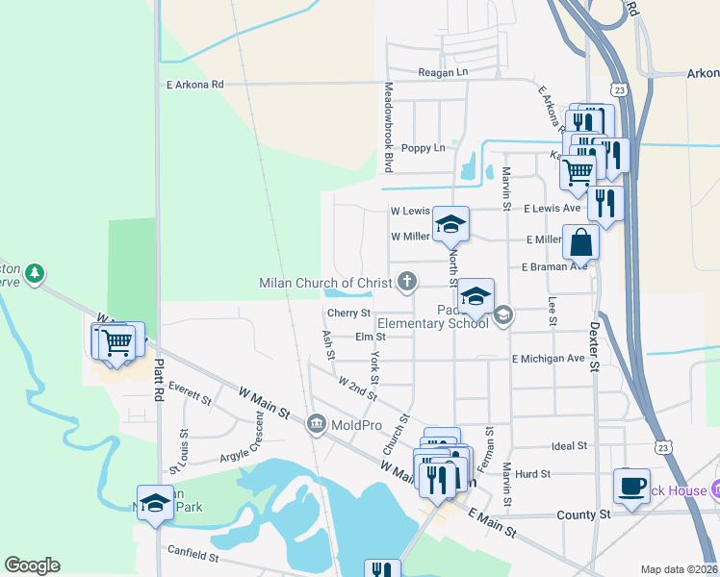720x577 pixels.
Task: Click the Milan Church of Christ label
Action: (x=325, y=283)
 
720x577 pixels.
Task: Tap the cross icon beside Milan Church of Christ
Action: (x=408, y=282)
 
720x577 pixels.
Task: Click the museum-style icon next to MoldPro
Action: (x=316, y=424)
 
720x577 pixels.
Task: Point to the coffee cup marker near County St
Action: (x=631, y=486)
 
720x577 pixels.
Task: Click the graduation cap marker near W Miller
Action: (x=450, y=224)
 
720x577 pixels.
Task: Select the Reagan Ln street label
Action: (x=443, y=72)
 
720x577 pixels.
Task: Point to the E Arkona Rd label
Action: (x=194, y=85)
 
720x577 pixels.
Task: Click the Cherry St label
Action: (x=348, y=314)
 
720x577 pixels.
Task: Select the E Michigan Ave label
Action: (x=548, y=359)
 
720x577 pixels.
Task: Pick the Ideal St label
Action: (x=570, y=446)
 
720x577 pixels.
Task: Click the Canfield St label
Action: (x=193, y=556)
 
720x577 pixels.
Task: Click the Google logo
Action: (x=32, y=565)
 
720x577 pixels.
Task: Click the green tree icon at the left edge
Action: (x=35, y=274)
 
